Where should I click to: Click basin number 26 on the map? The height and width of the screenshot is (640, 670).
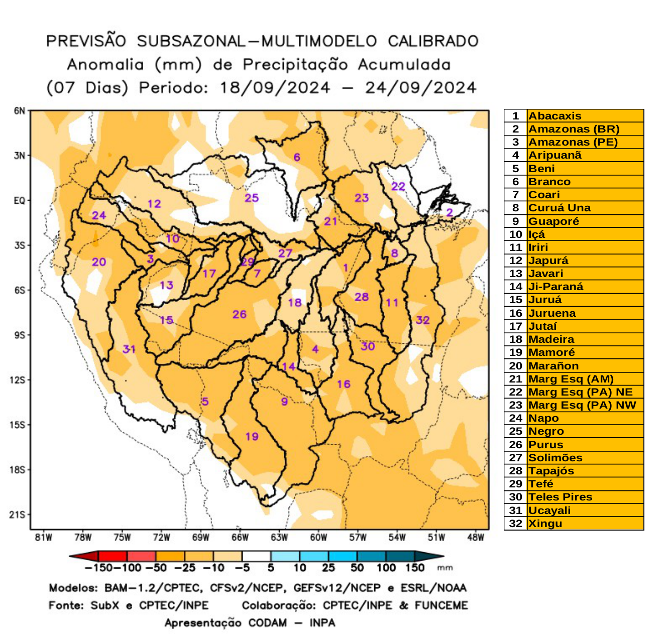coord(239,315)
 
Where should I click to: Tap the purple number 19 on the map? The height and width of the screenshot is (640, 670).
coord(252,437)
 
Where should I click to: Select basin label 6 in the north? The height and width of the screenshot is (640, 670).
coord(297,158)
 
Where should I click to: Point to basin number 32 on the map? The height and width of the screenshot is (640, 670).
coord(422,320)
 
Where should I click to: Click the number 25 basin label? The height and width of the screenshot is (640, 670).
coord(252,198)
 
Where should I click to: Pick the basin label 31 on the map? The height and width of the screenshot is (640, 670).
coord(129,349)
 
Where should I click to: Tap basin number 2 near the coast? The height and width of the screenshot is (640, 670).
coord(450,213)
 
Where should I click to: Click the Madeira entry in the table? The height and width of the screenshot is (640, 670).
coord(551,339)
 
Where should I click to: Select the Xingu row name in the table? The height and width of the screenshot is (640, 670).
coord(545,524)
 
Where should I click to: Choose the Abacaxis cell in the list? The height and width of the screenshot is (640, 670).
coord(555,116)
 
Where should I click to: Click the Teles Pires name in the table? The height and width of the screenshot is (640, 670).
coord(560,497)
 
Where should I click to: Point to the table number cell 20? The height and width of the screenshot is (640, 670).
coord(515,366)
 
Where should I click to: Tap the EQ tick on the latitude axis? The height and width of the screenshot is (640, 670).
coord(19,201)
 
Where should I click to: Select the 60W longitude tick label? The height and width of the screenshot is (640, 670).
coord(318,538)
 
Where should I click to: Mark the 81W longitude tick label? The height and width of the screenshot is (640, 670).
coord(44,538)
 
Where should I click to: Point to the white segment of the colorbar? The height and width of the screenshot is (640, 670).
coord(256,556)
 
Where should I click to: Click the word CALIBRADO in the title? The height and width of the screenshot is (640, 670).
coord(433,41)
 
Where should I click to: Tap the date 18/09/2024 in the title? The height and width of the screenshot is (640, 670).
coord(275,88)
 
